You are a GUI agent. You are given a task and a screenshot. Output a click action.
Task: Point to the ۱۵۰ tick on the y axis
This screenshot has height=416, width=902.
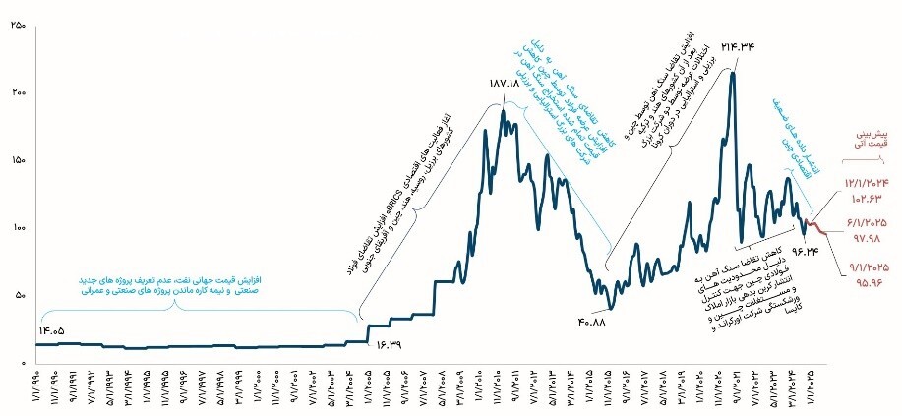click(17, 158)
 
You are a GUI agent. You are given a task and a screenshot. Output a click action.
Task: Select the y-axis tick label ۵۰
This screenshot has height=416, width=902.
click(19, 294)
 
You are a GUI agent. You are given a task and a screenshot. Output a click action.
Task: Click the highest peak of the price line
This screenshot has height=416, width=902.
click(732, 73)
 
